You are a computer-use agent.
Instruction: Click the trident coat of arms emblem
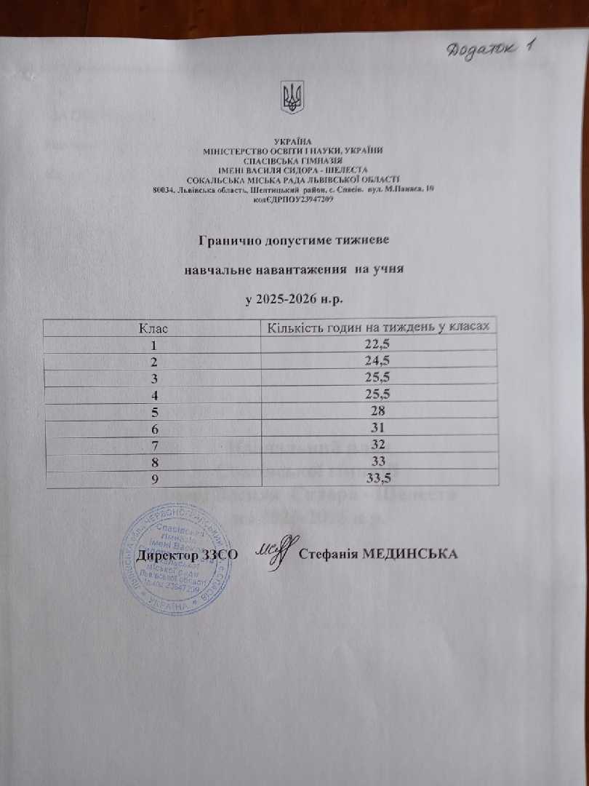tap(293, 98)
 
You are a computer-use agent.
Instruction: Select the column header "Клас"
tap(153, 328)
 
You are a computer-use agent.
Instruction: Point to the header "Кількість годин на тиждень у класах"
tap(382, 328)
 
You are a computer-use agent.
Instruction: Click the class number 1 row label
tap(153, 345)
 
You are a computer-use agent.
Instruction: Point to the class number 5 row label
tap(153, 411)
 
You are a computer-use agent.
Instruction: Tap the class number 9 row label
tap(153, 477)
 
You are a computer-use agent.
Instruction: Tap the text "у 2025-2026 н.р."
tap(293, 299)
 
